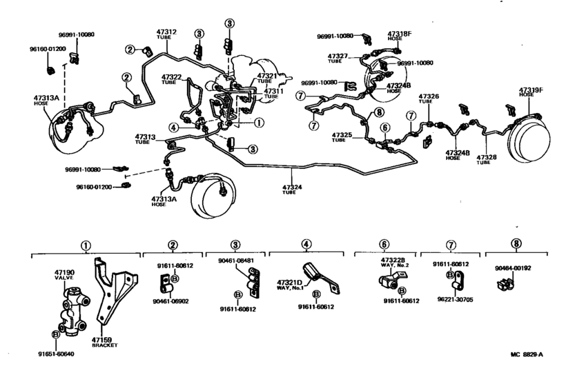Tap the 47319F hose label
[x=532, y=92]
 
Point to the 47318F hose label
[x=399, y=36]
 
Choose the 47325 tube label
[x=342, y=136]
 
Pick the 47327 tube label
[x=338, y=58]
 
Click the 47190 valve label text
[x=64, y=276]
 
